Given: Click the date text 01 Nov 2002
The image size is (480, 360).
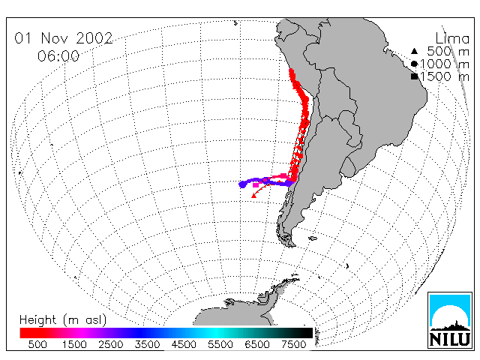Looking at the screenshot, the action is click(64, 38).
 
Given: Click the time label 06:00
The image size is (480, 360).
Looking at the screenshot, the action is click(58, 56).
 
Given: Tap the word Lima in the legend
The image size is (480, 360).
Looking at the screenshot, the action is click(452, 39).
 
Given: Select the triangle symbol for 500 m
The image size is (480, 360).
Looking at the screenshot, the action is click(414, 51).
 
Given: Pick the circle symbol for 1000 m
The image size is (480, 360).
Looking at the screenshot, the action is click(414, 64).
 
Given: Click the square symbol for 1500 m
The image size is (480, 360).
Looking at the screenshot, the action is click(414, 76).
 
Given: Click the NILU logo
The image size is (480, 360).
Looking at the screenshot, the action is click(450, 320).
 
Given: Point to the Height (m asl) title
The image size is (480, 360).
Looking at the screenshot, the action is click(63, 320).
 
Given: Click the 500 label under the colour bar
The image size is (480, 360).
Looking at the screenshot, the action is click(37, 344).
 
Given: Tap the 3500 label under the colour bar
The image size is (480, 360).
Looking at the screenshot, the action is click(147, 344).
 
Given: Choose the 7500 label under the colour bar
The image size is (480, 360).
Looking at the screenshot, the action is click(293, 344).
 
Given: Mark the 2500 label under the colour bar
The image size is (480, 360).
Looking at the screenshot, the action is click(110, 344).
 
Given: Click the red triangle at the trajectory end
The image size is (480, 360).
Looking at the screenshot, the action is click(253, 196).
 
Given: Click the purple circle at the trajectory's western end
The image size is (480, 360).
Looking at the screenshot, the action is click(242, 184).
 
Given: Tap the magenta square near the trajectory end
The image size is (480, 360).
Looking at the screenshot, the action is click(256, 185).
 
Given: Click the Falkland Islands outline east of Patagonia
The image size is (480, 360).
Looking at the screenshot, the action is click(313, 238).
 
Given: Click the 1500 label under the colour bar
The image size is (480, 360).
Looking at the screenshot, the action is click(74, 344).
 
